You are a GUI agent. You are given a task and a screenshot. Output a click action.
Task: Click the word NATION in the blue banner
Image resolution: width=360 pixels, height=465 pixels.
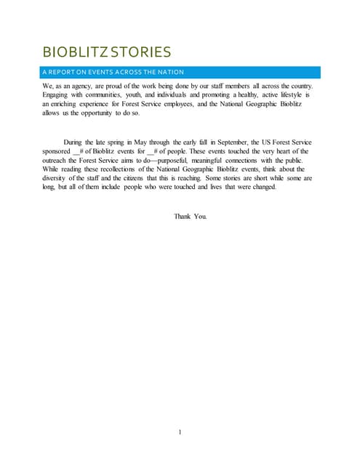point(167,72)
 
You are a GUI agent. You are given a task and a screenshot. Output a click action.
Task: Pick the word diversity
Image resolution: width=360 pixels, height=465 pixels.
point(57,179)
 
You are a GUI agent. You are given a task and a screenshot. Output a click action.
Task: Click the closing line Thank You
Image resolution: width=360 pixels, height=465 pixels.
point(190,217)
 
